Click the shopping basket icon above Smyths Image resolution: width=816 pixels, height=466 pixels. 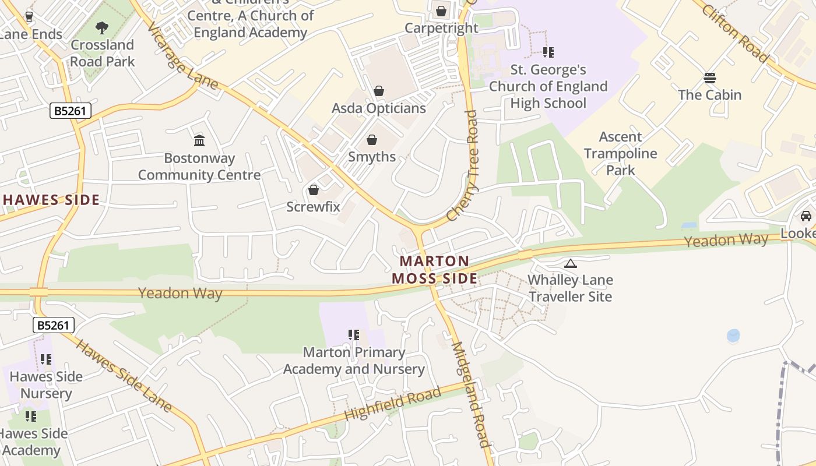point(372,140)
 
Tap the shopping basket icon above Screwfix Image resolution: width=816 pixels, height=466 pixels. point(314,190)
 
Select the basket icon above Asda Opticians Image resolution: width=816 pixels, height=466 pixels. point(379,91)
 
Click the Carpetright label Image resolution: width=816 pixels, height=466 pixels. point(441,27)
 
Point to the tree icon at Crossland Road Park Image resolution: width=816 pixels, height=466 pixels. point(102,27)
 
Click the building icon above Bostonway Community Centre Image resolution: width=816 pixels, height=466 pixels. point(199,140)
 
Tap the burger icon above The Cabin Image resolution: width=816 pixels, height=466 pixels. point(710,78)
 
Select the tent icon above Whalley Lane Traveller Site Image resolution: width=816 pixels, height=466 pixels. point(571,263)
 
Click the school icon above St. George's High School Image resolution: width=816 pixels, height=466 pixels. point(548,52)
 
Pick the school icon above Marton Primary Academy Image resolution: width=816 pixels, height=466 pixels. point(354,335)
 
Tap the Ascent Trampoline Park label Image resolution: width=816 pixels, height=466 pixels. point(621,154)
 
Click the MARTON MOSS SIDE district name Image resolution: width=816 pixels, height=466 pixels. point(435,270)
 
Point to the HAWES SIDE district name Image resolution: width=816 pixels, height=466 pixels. point(51,200)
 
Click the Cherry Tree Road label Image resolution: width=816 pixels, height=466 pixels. point(463,166)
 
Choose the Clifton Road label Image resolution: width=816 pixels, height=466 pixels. point(735,33)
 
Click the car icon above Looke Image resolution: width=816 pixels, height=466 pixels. point(806,216)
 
